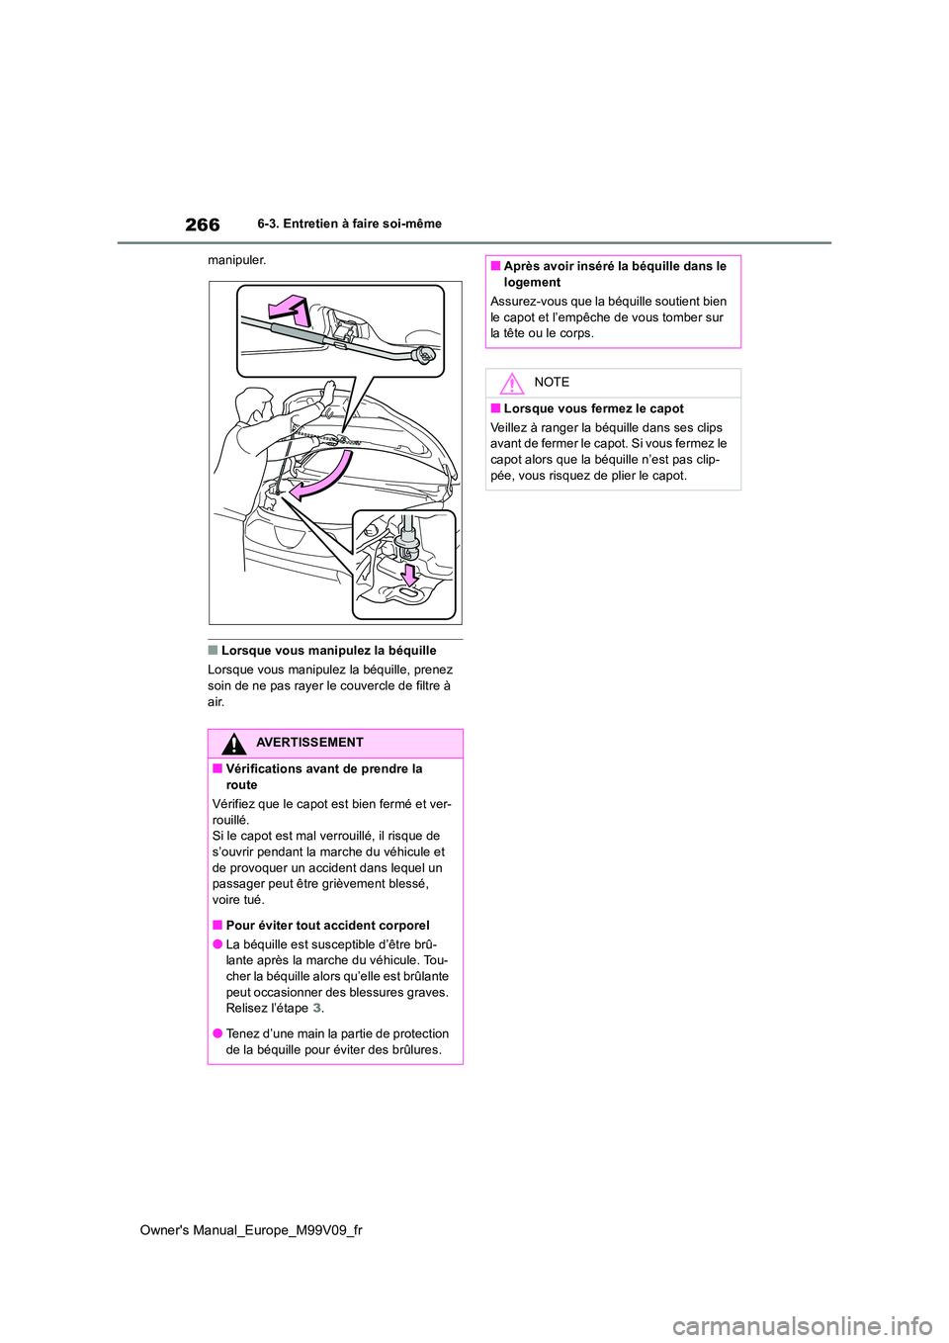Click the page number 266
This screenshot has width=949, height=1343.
(203, 224)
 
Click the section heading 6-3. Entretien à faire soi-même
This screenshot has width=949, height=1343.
(349, 224)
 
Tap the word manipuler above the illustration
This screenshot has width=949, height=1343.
(236, 260)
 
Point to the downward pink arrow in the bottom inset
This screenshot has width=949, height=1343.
(409, 573)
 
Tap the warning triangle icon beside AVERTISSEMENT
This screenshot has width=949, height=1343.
(234, 744)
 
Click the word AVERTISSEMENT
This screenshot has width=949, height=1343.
(309, 743)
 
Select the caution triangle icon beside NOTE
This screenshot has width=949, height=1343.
(511, 384)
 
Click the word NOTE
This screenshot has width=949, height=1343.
(552, 383)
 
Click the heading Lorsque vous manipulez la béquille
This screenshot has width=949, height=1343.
(328, 651)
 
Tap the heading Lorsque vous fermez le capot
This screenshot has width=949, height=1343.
(593, 408)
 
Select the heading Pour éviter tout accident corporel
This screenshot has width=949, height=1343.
(327, 926)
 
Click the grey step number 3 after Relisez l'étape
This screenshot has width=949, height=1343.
(317, 1009)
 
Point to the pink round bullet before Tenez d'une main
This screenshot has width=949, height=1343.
(216, 1033)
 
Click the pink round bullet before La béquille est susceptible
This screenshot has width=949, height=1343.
(216, 944)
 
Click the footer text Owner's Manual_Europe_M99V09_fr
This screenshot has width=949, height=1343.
(251, 1230)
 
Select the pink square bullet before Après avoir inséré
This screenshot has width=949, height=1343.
(495, 266)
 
